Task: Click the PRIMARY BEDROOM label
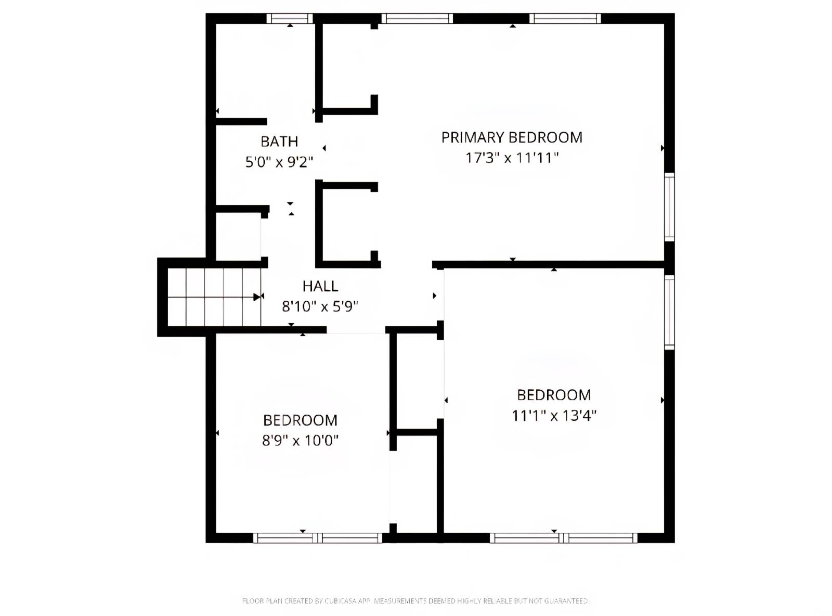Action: (512, 137)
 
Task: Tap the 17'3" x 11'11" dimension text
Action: (512, 157)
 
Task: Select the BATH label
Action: (279, 142)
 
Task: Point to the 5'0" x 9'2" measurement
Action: (279, 162)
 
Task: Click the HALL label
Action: (320, 286)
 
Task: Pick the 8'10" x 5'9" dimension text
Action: (320, 306)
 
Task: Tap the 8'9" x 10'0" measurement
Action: (300, 441)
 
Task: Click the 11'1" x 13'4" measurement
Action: (554, 416)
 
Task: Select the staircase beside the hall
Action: (214, 297)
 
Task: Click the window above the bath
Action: (290, 19)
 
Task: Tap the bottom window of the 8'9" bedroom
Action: (318, 538)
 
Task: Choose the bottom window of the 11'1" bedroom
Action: (564, 538)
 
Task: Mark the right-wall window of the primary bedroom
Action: (669, 207)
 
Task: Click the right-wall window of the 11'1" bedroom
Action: (669, 312)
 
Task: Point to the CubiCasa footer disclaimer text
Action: (415, 601)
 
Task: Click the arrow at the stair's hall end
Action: (257, 297)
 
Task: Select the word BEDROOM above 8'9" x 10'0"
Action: (300, 420)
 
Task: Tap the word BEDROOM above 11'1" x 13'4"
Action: (554, 395)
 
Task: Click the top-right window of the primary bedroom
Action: (565, 19)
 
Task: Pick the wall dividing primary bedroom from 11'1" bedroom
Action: (549, 264)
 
